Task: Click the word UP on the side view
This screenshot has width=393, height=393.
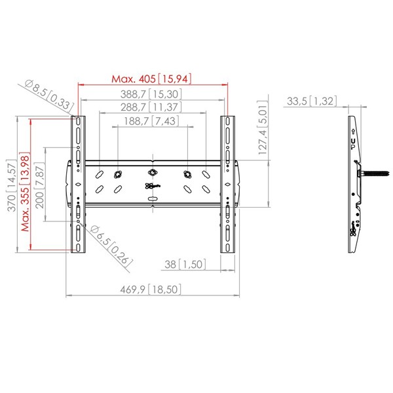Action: coord(353,144)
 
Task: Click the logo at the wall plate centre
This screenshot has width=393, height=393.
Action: coord(153,186)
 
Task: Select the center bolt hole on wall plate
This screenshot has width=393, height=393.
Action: coord(152,172)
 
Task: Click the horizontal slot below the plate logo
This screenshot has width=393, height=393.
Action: coord(152,199)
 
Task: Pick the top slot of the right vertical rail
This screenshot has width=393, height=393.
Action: coord(227,121)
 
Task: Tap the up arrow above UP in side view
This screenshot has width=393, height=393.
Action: coord(353,132)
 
